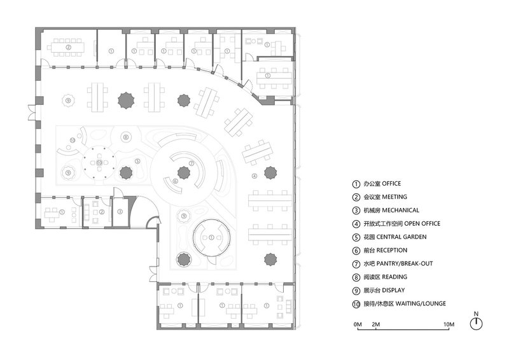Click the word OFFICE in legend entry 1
(x=391, y=184)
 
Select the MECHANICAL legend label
(x=401, y=211)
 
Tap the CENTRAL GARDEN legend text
(x=401, y=237)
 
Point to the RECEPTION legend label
(x=391, y=250)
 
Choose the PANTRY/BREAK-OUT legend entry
(x=405, y=263)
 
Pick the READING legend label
(x=394, y=277)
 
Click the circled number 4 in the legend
(x=356, y=224)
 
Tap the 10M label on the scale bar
(x=449, y=324)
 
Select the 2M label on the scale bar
(x=376, y=324)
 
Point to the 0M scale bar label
(x=358, y=324)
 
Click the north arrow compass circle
(x=477, y=324)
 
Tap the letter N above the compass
(x=476, y=314)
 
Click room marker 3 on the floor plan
(x=120, y=212)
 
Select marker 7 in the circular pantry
(x=192, y=163)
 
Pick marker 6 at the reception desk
(x=176, y=181)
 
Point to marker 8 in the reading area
(x=126, y=137)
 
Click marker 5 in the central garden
(x=137, y=161)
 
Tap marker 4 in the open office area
(x=254, y=176)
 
